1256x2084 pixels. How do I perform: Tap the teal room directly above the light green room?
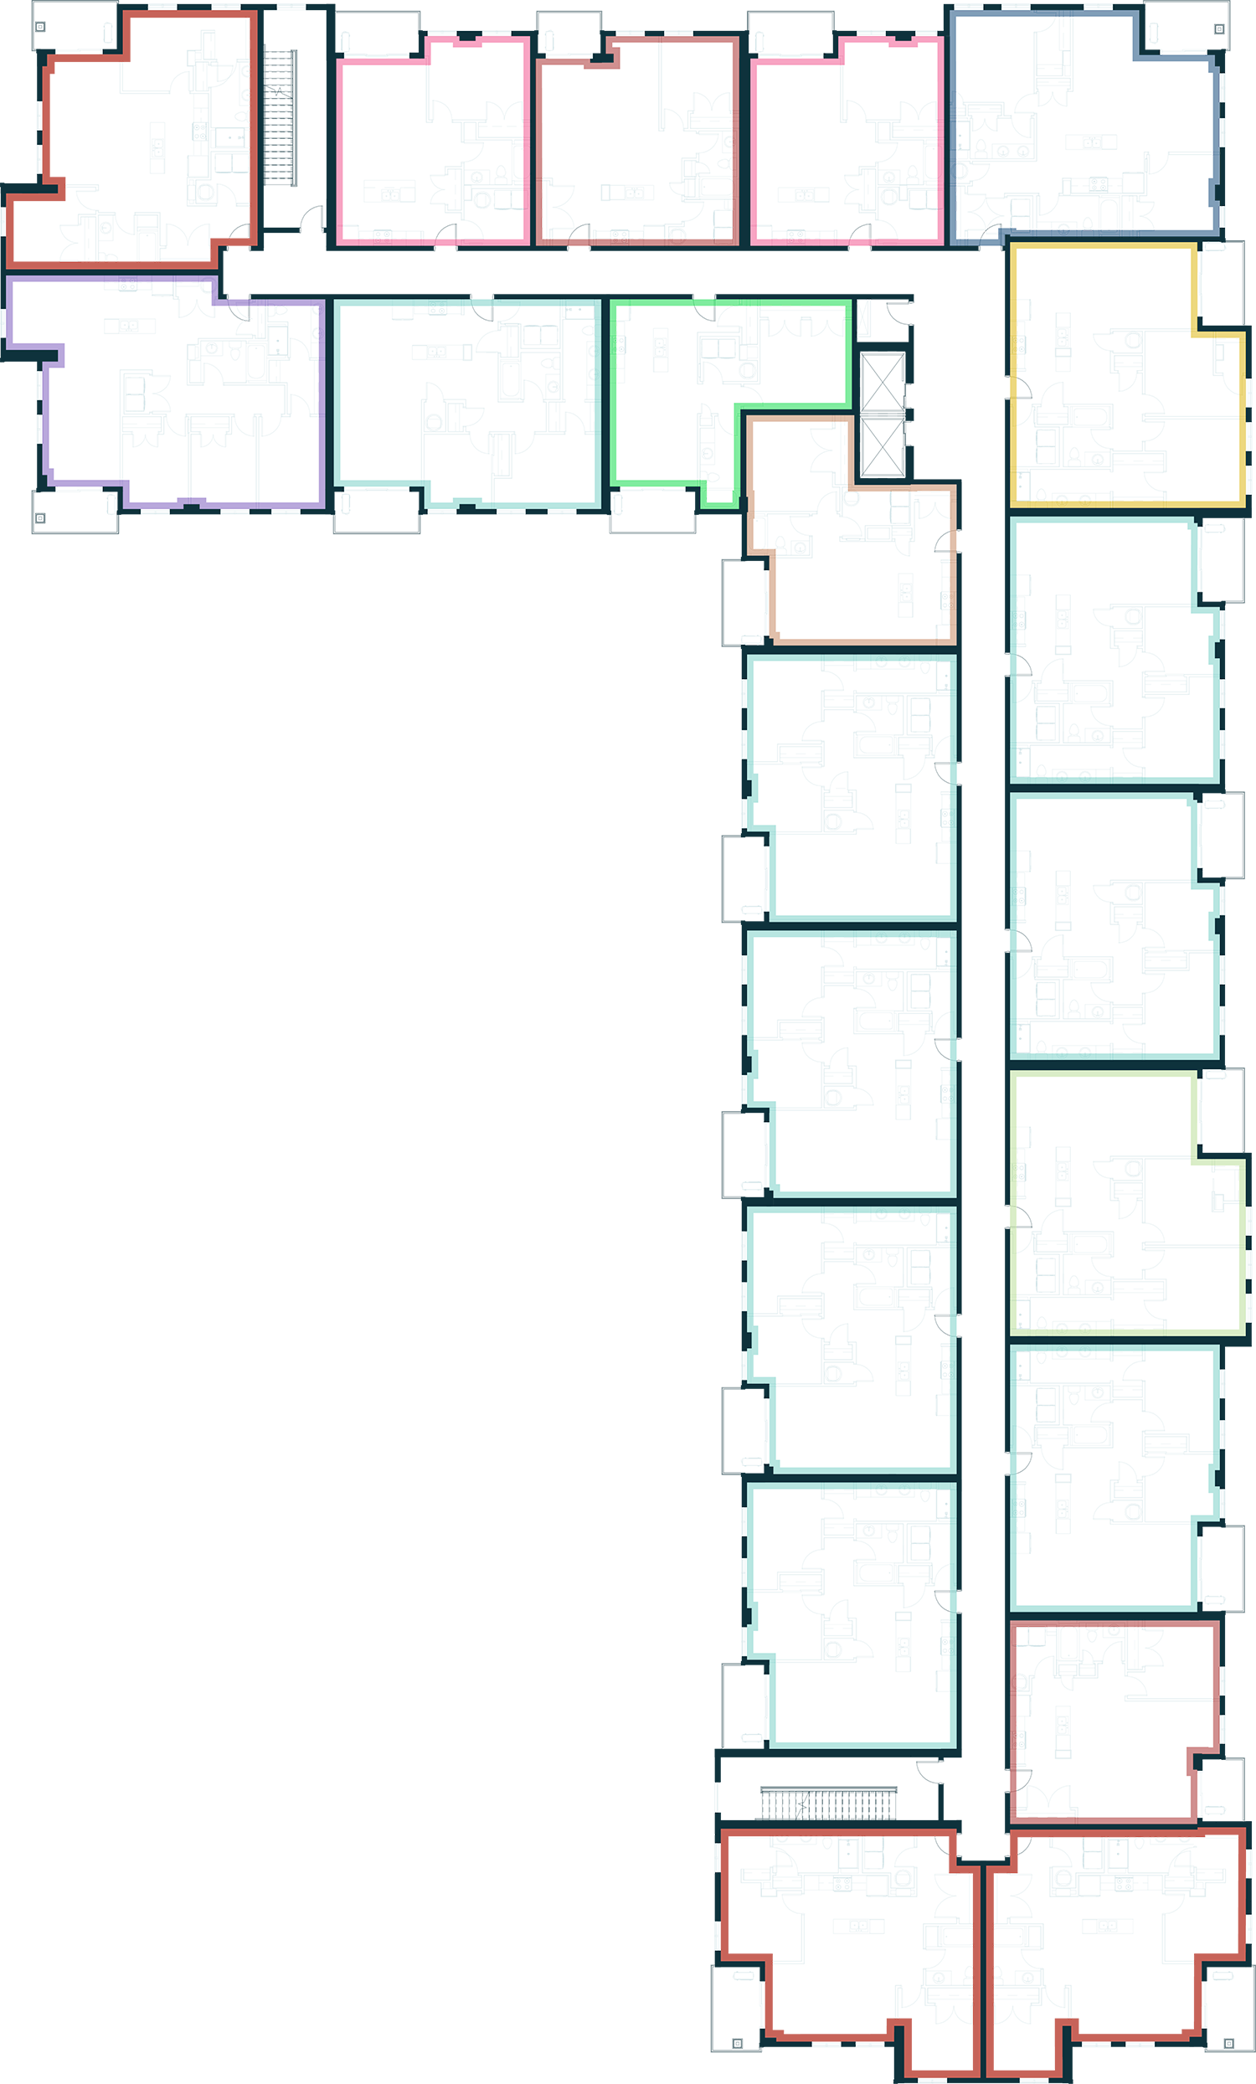pos(1108,930)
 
